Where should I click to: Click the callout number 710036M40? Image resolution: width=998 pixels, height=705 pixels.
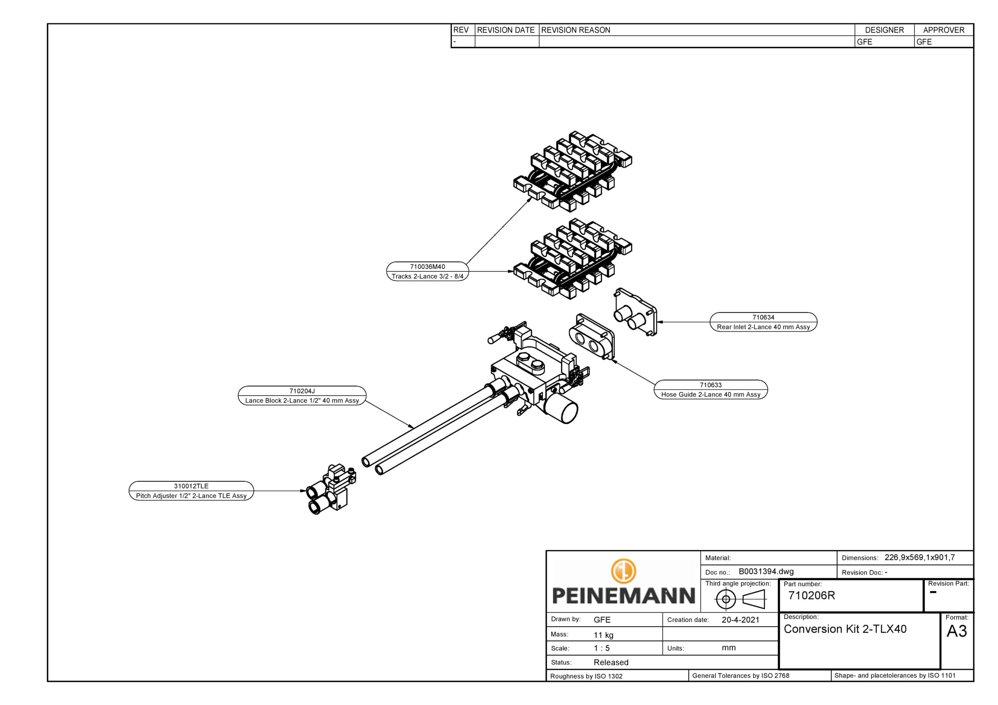(x=427, y=267)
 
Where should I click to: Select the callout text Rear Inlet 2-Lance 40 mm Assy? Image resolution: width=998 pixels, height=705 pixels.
(x=763, y=327)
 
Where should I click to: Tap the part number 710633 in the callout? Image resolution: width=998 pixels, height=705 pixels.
(x=711, y=385)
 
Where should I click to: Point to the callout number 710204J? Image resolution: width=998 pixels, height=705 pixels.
(x=302, y=391)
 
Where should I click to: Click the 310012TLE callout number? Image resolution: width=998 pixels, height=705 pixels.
(x=191, y=486)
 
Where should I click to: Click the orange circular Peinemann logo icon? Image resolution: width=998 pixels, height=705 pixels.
(x=623, y=571)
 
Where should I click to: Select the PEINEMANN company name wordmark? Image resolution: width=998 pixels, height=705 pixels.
(x=623, y=595)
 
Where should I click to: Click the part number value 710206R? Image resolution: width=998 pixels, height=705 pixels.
(x=812, y=595)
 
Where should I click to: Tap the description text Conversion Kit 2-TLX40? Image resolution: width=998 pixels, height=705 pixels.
(x=845, y=629)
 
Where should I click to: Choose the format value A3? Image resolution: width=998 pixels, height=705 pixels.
(x=957, y=631)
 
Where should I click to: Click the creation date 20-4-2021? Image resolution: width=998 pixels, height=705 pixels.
(x=740, y=620)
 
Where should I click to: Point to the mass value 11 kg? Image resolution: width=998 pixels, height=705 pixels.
(x=603, y=635)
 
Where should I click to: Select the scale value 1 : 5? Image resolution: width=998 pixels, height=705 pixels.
(x=602, y=648)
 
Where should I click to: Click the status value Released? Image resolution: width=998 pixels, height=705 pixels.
(x=611, y=663)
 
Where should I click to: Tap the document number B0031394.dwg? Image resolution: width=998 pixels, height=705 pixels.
(x=766, y=572)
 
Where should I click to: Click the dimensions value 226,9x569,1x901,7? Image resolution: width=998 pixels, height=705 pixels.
(x=919, y=557)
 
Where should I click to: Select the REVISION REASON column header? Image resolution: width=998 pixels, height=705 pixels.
(x=575, y=30)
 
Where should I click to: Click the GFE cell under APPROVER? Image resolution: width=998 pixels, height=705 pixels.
(x=924, y=42)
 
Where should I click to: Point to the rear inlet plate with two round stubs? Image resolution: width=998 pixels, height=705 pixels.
(x=635, y=313)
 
